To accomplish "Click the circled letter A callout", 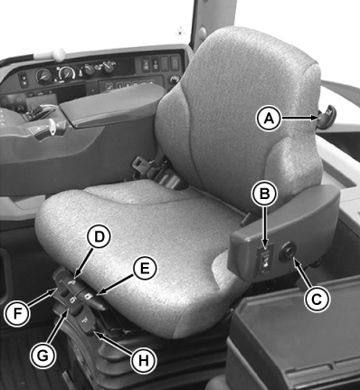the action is pyautogui.click(x=269, y=119).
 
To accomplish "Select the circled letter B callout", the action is pyautogui.click(x=265, y=194).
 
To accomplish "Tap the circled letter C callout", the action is pyautogui.click(x=317, y=300).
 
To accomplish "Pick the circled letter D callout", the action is pyautogui.click(x=99, y=237).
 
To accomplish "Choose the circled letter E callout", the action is pyautogui.click(x=145, y=268).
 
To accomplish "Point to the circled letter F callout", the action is pyautogui.click(x=17, y=313).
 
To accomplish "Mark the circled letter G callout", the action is pyautogui.click(x=43, y=356).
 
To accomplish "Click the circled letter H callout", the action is pyautogui.click(x=144, y=360).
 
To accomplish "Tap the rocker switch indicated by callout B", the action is pyautogui.click(x=264, y=261).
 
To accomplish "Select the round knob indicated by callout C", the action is pyautogui.click(x=288, y=252).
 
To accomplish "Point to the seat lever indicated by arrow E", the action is pyautogui.click(x=92, y=300).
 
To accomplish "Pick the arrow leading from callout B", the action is pyautogui.click(x=265, y=228).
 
